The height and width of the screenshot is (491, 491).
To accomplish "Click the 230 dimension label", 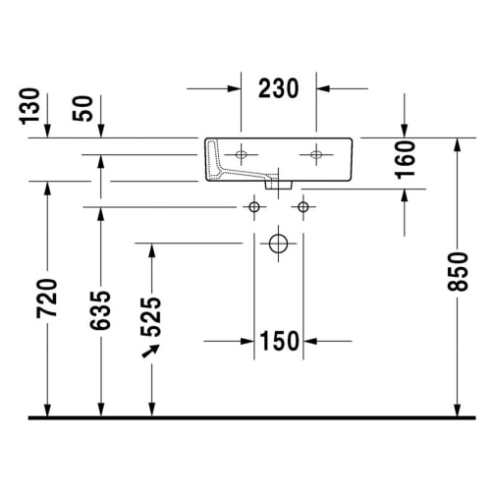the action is coord(279,88).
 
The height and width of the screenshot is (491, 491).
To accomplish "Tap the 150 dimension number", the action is coord(279,341).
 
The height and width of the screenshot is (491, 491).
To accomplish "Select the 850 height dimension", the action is coord(458,271).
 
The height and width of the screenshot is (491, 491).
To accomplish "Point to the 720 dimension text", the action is coord(47,299).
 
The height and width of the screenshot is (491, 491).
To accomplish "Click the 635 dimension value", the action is coord(100,310).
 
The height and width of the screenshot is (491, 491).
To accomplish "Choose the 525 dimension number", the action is coord(151,317).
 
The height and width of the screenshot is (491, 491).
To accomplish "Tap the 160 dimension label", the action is coord(405,160).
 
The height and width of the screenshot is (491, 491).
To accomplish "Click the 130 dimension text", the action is coord(29,106).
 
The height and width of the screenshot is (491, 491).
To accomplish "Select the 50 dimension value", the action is coord(82,109).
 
